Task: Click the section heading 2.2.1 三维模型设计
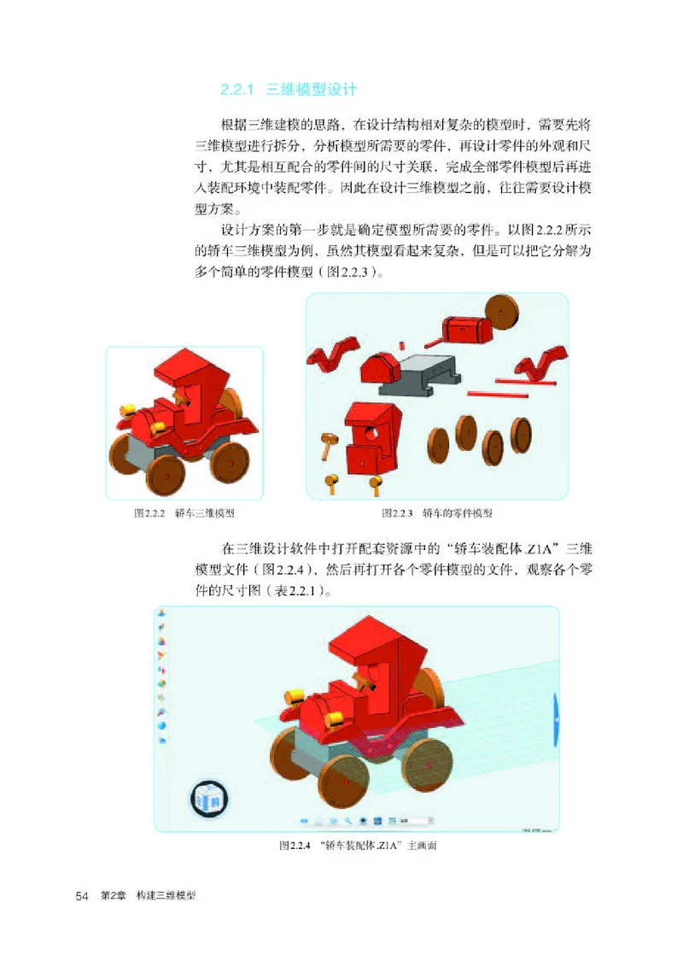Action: [x=288, y=89]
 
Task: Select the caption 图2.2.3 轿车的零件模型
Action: [x=438, y=513]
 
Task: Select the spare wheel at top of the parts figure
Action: [x=501, y=313]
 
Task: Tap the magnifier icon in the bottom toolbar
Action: [x=347, y=821]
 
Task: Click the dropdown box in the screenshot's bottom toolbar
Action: [x=418, y=821]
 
